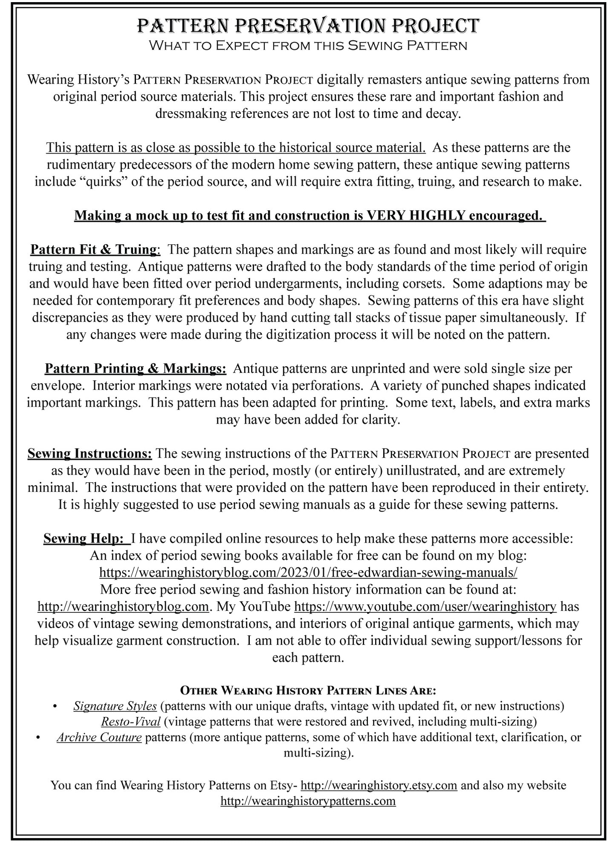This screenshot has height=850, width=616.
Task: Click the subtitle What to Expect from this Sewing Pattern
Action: (x=308, y=45)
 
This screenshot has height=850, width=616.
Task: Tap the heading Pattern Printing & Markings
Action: (x=135, y=368)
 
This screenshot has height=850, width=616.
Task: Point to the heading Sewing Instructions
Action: (x=90, y=453)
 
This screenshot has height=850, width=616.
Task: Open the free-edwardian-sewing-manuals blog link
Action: (x=308, y=572)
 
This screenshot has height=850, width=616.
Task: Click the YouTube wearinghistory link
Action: (x=425, y=606)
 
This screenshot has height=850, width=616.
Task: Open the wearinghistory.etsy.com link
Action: (x=379, y=785)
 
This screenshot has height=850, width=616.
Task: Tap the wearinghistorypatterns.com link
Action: (x=308, y=801)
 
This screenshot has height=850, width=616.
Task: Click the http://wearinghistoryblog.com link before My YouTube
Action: (x=123, y=606)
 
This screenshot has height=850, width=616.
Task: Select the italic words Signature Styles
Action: (x=115, y=706)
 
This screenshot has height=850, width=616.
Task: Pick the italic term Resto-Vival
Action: (x=130, y=722)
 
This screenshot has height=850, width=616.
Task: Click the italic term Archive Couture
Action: (x=99, y=737)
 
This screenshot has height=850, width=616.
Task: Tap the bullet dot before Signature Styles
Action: (x=55, y=707)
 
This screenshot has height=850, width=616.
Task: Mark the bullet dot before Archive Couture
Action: (x=39, y=738)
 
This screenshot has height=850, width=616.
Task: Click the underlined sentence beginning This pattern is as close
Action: (x=236, y=148)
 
